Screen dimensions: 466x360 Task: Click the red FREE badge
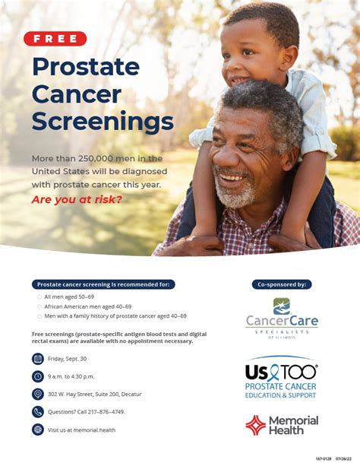click(x=55, y=39)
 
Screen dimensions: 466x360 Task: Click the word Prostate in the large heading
click(x=86, y=67)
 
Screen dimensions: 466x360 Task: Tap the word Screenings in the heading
click(x=103, y=121)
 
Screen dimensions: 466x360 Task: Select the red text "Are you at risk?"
click(x=77, y=200)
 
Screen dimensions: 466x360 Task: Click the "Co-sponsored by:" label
click(x=282, y=284)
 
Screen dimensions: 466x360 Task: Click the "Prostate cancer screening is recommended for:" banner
click(x=103, y=284)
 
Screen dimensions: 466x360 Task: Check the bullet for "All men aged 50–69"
click(x=39, y=297)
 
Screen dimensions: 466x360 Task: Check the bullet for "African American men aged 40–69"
click(x=39, y=306)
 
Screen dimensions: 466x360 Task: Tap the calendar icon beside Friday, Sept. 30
click(x=38, y=358)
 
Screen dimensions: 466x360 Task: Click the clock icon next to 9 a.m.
click(x=38, y=376)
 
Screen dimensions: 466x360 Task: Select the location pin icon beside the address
click(x=38, y=394)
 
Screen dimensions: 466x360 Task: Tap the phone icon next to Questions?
click(x=38, y=411)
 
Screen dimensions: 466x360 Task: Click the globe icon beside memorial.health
click(x=38, y=429)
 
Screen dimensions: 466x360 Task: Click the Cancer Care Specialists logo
click(x=282, y=318)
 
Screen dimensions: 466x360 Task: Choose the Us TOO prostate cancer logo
click(x=281, y=378)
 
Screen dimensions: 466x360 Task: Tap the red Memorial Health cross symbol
click(x=255, y=425)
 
